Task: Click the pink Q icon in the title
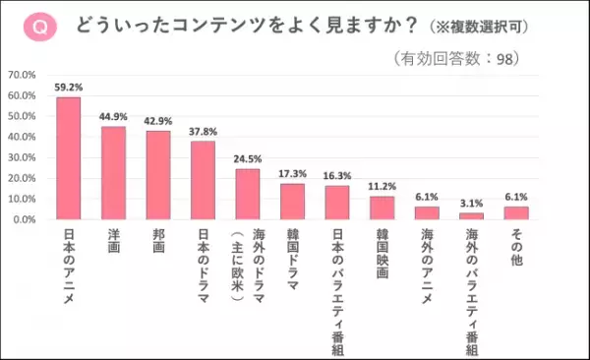click(40, 28)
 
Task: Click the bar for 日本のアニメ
click(68, 157)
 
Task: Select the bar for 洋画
click(113, 172)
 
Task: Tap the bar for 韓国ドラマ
click(293, 201)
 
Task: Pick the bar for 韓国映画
click(382, 208)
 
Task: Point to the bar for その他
click(516, 212)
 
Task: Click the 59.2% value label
click(68, 88)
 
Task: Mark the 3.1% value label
click(472, 204)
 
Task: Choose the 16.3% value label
click(337, 176)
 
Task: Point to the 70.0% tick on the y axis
click(22, 75)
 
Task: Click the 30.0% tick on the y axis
click(22, 157)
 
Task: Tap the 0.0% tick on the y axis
click(24, 219)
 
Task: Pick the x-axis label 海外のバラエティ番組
click(472, 285)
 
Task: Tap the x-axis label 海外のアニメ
click(427, 262)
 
